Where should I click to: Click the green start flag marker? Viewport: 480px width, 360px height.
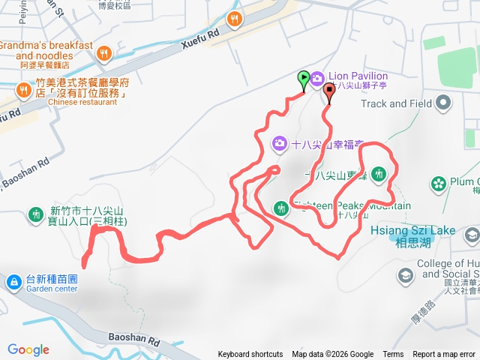303,78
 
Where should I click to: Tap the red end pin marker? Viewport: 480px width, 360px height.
330,91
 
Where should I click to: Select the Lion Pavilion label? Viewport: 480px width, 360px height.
358,76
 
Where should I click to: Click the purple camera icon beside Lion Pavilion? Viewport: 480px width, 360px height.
317,77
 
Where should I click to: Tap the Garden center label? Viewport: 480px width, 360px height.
51,289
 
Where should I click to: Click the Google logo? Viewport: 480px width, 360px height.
28,349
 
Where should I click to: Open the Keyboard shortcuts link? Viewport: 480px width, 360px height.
250,355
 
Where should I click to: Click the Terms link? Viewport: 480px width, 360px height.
393,355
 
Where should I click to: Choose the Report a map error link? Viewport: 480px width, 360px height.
444,355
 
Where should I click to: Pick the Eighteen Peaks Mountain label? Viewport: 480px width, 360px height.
352,206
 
